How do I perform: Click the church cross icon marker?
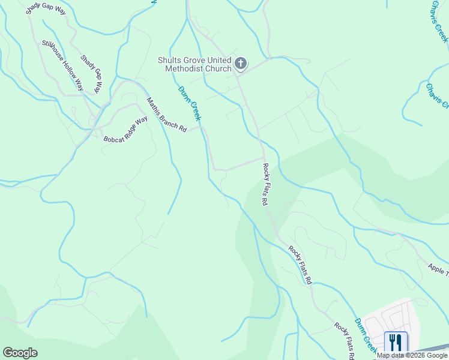pos(240,63)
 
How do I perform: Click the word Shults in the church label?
pos(170,60)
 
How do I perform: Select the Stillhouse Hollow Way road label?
pos(62,65)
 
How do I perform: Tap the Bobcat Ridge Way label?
pos(125,130)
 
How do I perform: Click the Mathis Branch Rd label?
pos(166,115)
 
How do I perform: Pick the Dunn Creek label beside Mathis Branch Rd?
pos(188,103)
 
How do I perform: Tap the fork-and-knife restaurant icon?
pos(395,343)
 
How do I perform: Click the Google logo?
pos(20,353)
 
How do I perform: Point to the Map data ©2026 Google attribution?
pos(412,355)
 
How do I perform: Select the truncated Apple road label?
pos(438,269)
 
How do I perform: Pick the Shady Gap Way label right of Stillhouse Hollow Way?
pos(91,73)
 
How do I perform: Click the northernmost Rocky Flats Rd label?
pos(264,184)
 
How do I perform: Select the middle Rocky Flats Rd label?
pos(301,264)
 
